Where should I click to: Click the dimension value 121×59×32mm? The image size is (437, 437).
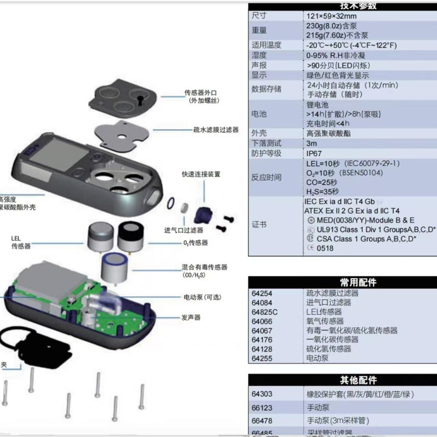331,16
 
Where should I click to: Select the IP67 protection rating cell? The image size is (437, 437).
314,154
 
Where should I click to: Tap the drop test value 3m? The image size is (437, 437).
311,144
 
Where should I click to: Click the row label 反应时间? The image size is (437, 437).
266,178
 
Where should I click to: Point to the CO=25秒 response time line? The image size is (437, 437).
321,182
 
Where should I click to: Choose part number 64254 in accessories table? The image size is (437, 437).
262,293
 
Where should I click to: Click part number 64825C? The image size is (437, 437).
264,312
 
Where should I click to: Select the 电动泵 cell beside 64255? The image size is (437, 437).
317,358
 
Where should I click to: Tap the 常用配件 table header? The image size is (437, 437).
358,283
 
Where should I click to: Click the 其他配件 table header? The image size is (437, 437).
358,380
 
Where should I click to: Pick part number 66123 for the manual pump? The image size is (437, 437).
262,408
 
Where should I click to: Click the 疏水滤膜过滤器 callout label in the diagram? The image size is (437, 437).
216,130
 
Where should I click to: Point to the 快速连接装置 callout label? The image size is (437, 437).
201,174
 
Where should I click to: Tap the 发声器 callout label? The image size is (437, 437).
191,318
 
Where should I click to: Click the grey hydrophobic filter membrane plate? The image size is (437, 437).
122,137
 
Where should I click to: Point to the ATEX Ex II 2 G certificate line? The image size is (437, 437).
352,211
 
